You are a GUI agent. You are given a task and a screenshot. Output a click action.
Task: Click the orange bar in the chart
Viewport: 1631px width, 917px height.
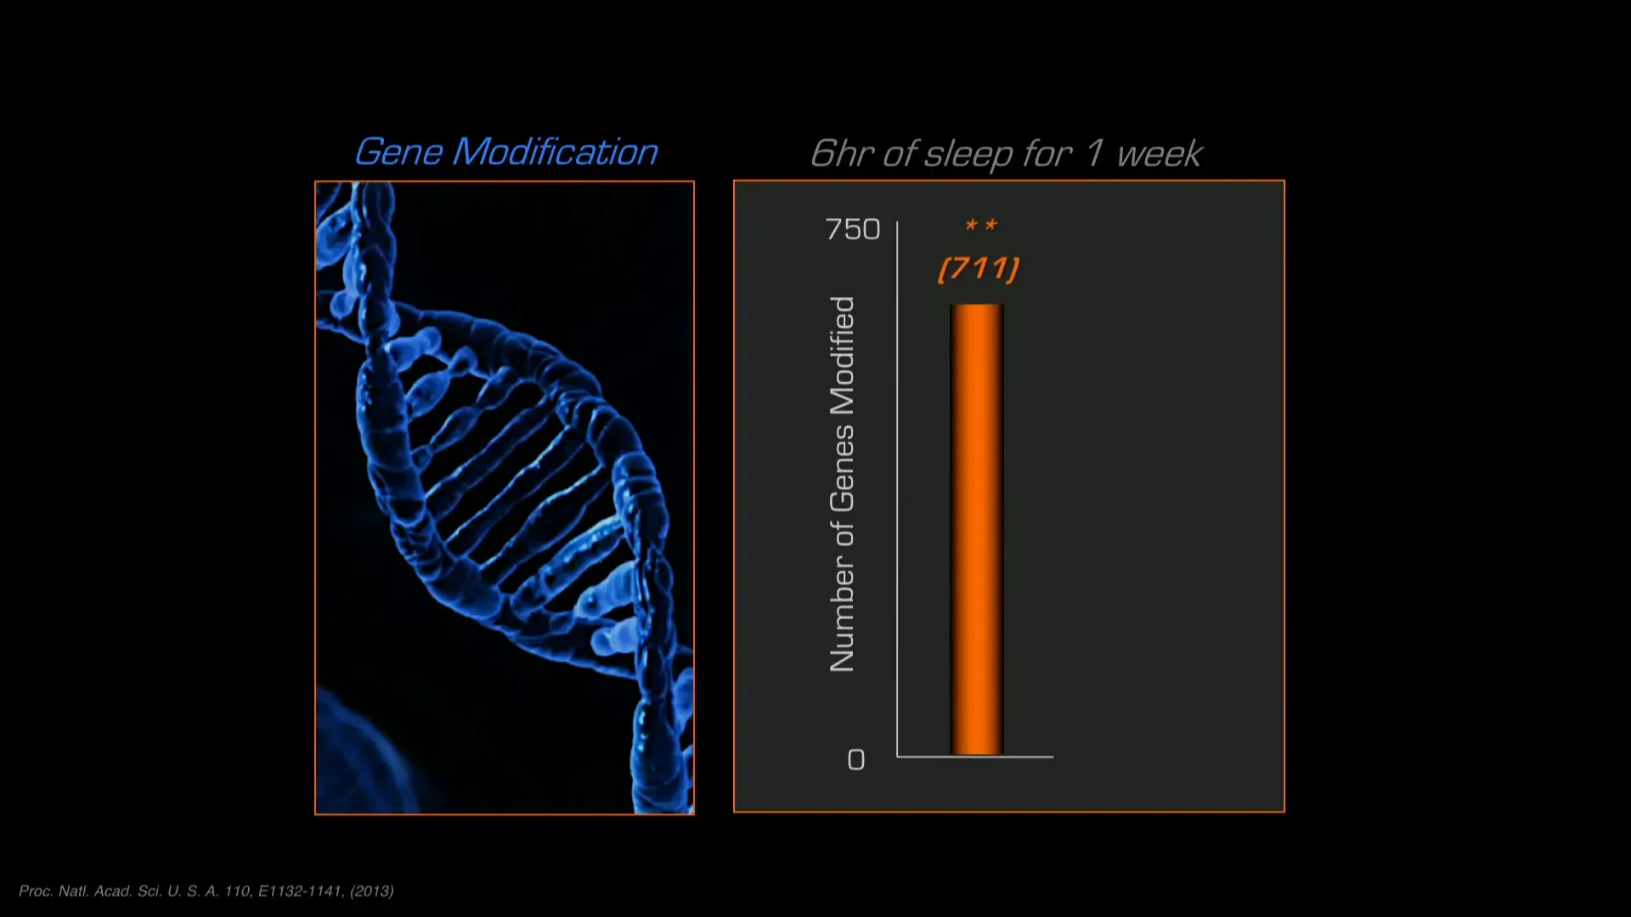(977, 529)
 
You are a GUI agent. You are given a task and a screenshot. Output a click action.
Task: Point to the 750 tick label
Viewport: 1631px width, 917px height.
(853, 229)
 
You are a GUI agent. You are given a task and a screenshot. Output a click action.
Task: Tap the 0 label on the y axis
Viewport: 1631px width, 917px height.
(856, 759)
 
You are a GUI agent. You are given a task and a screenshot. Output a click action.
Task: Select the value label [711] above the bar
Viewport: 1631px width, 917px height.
(979, 269)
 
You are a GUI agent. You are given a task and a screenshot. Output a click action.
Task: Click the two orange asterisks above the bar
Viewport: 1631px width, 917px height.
(981, 225)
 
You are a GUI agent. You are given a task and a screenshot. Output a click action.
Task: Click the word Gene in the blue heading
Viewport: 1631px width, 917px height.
(399, 152)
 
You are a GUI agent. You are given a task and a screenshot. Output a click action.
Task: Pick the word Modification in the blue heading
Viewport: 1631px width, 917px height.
(556, 152)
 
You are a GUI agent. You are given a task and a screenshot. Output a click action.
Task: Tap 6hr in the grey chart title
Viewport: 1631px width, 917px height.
(842, 154)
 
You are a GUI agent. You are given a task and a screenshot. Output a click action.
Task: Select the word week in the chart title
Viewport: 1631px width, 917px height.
(1160, 155)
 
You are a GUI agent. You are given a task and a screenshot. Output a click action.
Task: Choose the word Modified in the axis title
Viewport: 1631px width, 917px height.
(842, 356)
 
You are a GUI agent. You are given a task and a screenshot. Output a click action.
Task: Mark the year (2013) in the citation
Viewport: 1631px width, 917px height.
(372, 891)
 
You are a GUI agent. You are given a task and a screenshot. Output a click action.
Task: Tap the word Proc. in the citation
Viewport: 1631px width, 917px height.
(36, 891)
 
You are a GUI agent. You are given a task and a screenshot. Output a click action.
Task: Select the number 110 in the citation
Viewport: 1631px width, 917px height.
(238, 891)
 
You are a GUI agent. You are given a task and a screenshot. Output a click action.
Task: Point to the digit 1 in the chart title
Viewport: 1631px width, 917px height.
(1095, 154)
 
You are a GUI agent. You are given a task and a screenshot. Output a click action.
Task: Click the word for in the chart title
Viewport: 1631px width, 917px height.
(1048, 154)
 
